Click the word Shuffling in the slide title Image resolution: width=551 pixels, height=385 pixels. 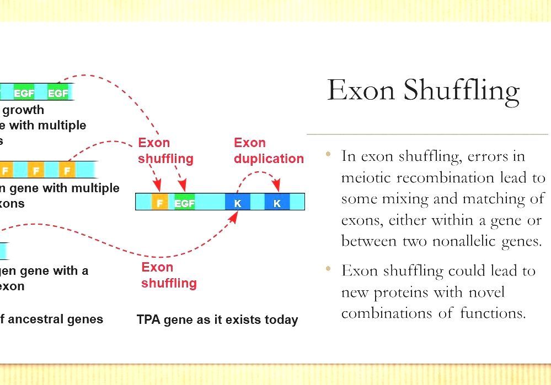461,90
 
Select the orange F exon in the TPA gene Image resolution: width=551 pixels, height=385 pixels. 159,203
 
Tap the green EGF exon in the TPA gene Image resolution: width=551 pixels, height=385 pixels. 184,203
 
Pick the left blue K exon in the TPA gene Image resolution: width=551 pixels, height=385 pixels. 238,203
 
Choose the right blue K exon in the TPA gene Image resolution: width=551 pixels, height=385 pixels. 277,203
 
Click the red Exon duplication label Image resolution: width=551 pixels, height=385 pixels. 268,151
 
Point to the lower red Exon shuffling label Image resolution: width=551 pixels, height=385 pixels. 168,275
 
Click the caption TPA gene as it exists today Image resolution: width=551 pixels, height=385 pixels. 217,319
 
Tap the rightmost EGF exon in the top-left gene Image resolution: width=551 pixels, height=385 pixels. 58,93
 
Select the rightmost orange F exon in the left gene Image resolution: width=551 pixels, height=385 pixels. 67,170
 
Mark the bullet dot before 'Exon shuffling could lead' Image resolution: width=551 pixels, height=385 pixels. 329,269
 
